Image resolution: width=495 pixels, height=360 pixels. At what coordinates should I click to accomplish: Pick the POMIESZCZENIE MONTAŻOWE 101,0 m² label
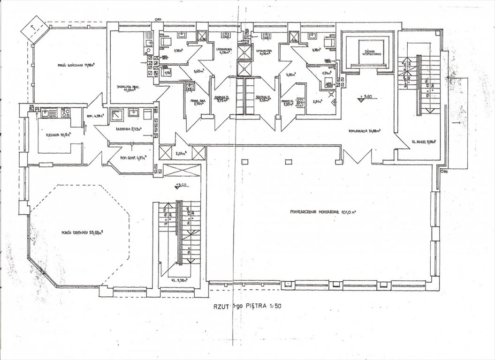tap(322, 211)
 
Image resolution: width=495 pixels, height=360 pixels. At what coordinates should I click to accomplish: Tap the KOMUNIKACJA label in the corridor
tap(360, 131)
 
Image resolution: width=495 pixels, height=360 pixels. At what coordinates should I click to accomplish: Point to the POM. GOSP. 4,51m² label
tap(131, 158)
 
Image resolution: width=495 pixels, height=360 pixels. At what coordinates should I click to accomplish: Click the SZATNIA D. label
tap(221, 98)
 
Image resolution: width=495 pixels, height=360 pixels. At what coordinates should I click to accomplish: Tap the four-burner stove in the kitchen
tap(65, 112)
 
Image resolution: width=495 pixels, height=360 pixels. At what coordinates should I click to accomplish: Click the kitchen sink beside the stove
tap(47, 112)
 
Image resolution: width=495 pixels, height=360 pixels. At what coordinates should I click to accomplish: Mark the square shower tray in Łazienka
tap(115, 114)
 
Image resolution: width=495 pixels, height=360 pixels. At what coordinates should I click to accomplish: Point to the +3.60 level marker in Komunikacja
tap(360, 98)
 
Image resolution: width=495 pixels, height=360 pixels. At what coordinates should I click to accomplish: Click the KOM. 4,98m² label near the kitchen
tap(91, 117)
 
